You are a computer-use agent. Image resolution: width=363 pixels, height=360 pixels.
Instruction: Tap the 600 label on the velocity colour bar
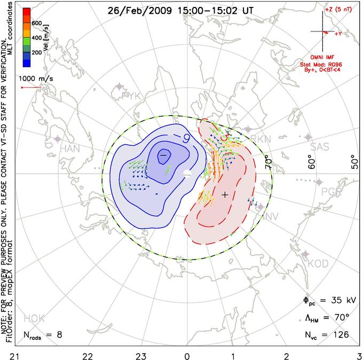(x=36, y=23)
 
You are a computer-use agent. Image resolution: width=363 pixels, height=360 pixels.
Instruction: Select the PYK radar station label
(x=130, y=96)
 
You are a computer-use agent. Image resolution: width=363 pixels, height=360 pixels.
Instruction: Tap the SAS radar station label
(x=320, y=146)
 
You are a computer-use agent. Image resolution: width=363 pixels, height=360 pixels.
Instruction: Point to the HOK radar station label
(x=34, y=319)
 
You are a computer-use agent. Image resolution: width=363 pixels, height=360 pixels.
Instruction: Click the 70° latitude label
(x=269, y=159)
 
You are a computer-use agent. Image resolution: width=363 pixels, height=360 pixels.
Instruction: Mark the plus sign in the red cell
(x=225, y=195)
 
